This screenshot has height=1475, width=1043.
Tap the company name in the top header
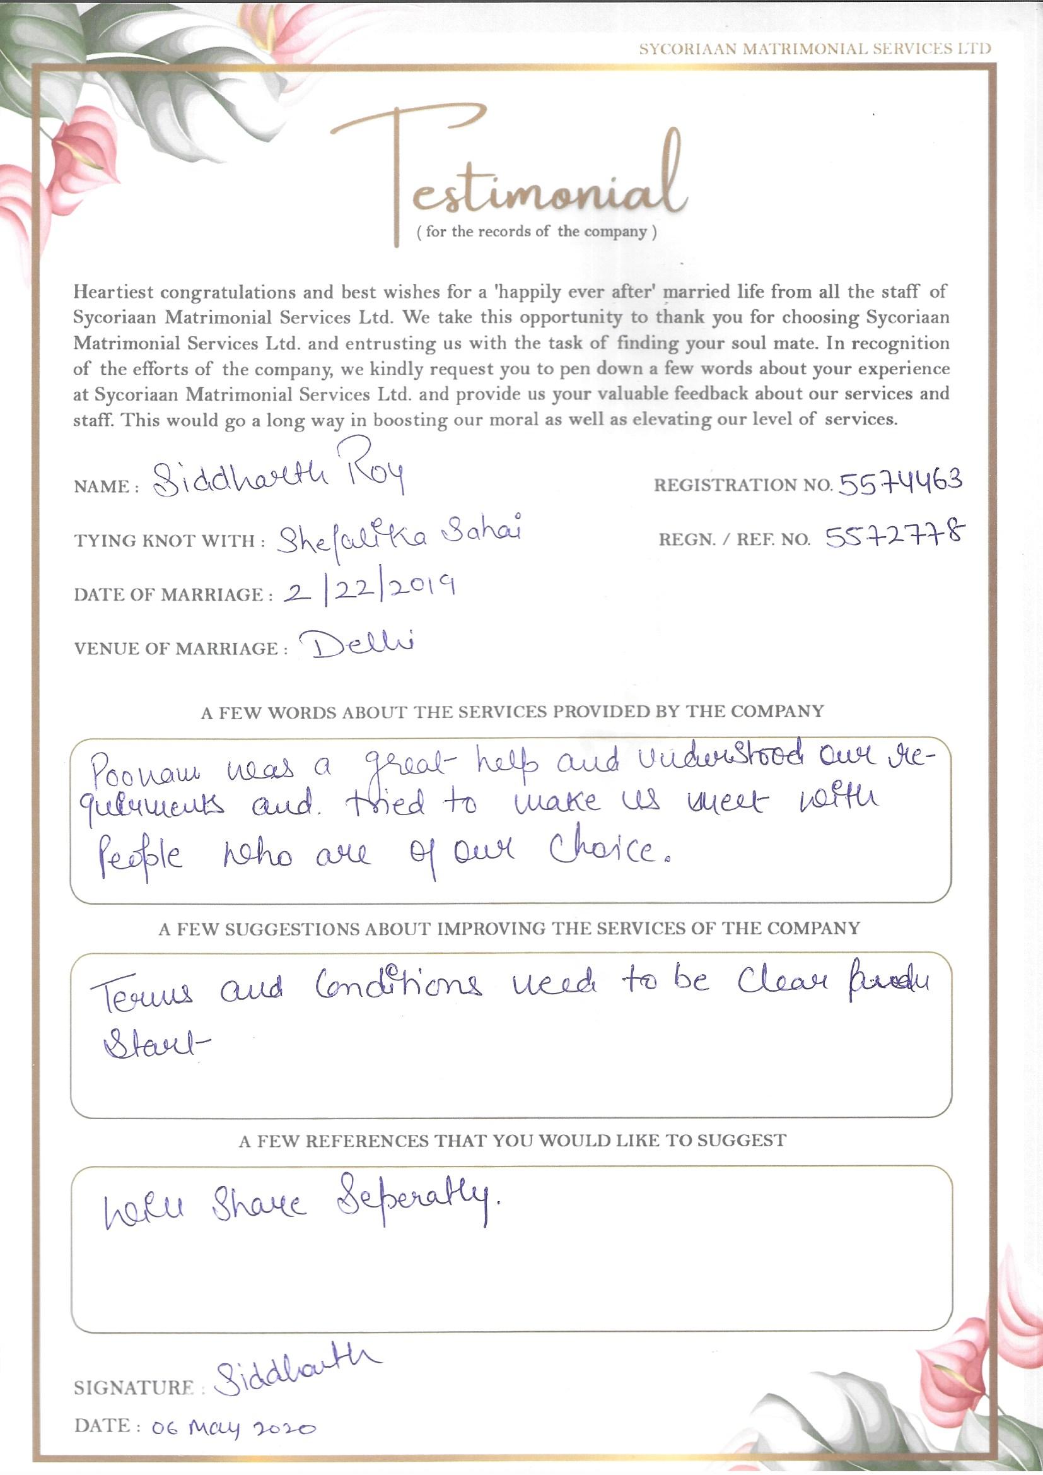[x=814, y=49]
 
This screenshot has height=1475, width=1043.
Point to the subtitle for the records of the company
[x=536, y=232]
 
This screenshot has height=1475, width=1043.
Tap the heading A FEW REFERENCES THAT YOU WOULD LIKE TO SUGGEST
[x=512, y=1141]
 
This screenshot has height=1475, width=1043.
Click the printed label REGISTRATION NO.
[x=743, y=486]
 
